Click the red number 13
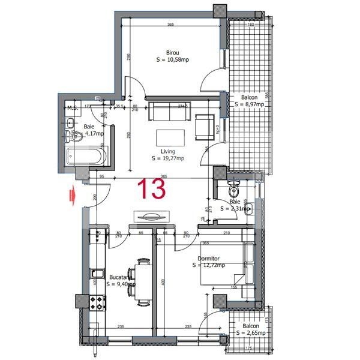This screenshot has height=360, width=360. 152,188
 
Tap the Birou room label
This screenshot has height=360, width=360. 173,53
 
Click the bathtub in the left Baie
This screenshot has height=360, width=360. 86,156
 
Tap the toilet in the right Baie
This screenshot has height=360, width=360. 235,189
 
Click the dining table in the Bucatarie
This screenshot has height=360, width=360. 142,281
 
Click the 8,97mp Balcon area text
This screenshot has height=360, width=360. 249,104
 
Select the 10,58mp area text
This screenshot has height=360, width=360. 173,60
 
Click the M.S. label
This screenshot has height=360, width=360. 73,108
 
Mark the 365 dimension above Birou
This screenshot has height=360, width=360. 171,25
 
